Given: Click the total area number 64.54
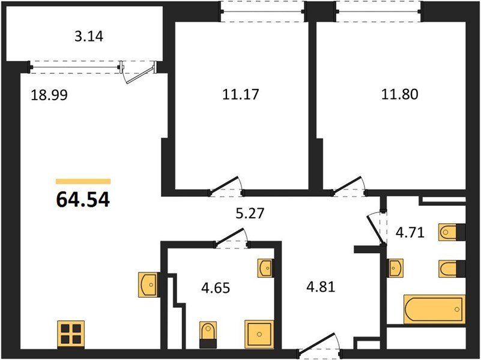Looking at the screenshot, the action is [83, 200].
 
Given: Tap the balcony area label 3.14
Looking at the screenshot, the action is [89, 37].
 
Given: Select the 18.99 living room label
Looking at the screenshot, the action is [49, 95].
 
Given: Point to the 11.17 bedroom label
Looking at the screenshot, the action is [241, 94].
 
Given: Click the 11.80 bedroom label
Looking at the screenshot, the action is [400, 94].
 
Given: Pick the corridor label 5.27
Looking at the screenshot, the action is [250, 213].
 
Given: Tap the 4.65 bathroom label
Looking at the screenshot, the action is [216, 288].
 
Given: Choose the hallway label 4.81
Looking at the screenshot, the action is [321, 287].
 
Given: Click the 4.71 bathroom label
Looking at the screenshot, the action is [410, 233].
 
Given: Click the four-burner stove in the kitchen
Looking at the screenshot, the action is [71, 334].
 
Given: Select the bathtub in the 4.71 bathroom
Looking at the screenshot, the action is [434, 309].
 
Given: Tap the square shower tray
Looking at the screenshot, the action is [259, 334].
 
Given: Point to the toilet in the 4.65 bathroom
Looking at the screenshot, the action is [208, 335].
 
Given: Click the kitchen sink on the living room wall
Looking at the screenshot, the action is [148, 284].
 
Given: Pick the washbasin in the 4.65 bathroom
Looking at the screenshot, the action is [265, 268].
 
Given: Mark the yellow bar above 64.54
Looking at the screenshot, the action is [83, 181].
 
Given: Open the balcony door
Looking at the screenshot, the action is [138, 73].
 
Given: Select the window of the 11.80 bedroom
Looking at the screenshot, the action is [379, 11].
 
